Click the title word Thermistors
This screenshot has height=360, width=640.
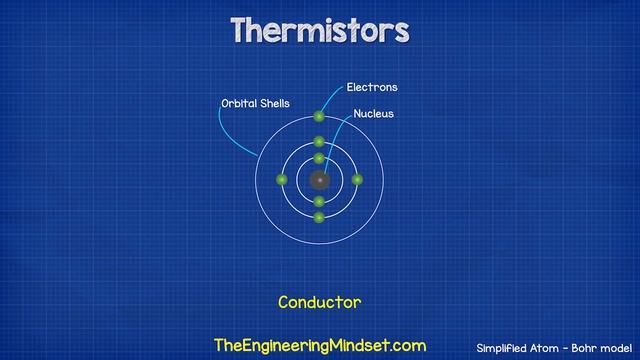[x=319, y=31]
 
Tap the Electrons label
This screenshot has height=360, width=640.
[x=372, y=88]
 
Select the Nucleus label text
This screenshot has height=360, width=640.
[x=373, y=114]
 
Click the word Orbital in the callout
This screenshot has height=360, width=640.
[x=238, y=103]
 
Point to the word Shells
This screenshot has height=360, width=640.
[x=275, y=103]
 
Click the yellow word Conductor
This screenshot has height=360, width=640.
[x=319, y=301]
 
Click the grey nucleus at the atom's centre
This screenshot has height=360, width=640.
[x=319, y=181]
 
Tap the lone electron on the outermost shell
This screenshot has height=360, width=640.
[x=319, y=117]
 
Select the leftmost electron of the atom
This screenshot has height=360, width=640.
[x=282, y=180]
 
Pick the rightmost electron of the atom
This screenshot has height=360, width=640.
[x=357, y=180]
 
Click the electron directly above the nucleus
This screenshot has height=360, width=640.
[x=319, y=159]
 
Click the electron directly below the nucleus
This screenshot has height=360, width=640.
[x=319, y=202]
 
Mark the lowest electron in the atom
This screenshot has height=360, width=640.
[x=319, y=218]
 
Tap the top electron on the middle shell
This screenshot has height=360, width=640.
[x=319, y=142]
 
